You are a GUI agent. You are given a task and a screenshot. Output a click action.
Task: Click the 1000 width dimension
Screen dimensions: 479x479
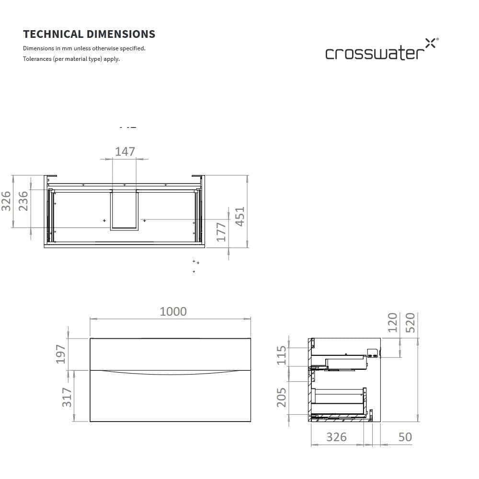tap(173, 311)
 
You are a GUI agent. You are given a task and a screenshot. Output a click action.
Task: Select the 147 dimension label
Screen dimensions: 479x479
tap(125, 151)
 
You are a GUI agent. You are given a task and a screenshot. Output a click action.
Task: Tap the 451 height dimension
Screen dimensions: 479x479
tap(239, 217)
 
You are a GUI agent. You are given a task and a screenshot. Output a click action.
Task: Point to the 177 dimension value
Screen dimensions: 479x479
tap(221, 232)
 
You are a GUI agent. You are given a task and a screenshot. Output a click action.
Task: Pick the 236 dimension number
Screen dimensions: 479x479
tap(23, 201)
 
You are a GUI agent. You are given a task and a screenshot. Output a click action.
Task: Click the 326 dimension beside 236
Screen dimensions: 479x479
tap(6, 201)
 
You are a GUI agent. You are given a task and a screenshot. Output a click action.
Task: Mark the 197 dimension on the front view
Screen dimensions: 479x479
tap(60, 354)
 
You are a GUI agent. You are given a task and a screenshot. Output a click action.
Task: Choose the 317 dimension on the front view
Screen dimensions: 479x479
tap(67, 397)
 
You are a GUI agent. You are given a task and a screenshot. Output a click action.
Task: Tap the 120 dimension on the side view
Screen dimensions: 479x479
tap(392, 322)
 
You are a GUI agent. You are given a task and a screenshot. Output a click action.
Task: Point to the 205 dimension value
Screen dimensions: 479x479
tap(282, 398)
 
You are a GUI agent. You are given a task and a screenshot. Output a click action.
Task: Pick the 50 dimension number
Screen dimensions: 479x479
tap(405, 437)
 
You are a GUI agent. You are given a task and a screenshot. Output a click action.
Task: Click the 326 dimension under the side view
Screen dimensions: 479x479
tap(336, 437)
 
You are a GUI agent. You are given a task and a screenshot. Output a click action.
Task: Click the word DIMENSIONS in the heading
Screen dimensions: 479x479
tap(121, 34)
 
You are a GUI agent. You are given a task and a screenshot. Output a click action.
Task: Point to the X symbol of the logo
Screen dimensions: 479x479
tap(431, 44)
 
